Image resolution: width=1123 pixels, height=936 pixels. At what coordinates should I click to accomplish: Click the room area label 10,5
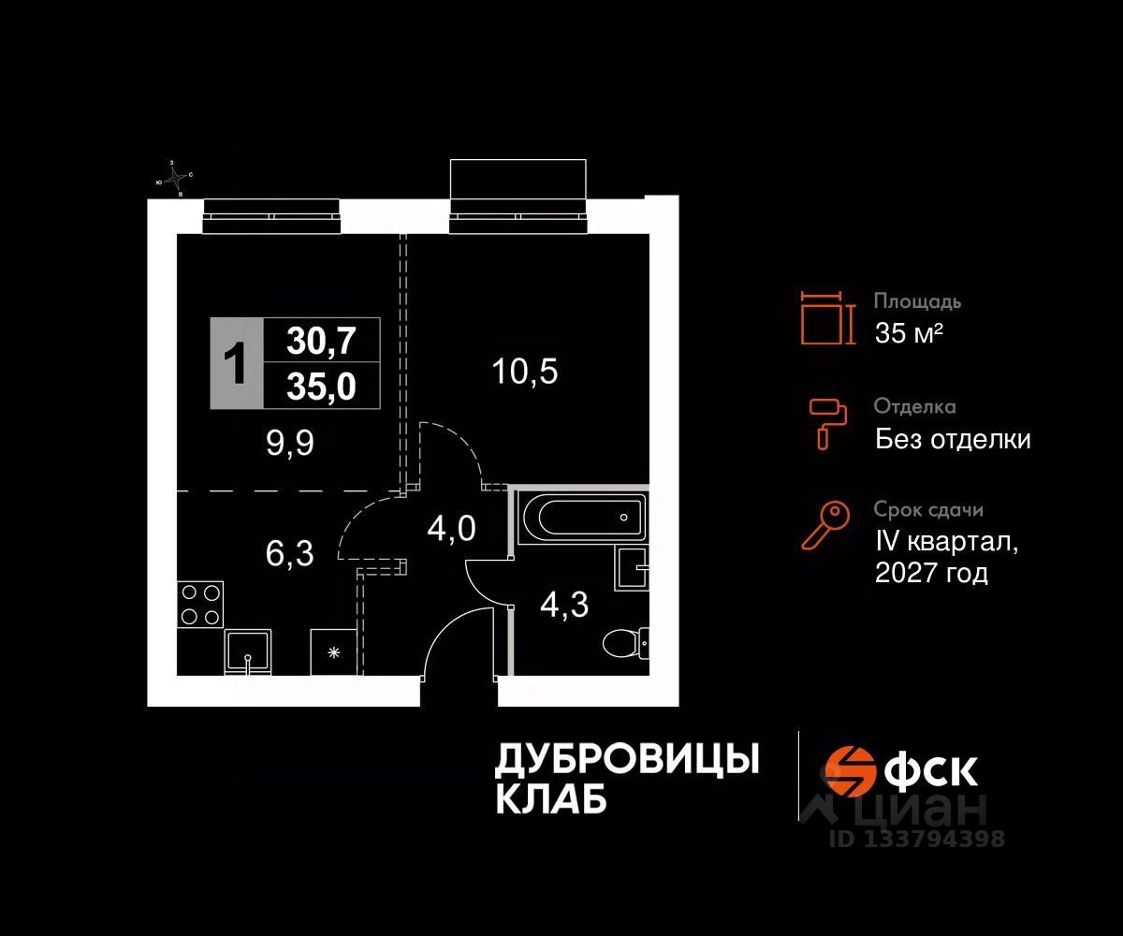[x=524, y=373]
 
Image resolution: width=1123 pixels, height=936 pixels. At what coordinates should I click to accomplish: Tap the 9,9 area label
[x=289, y=443]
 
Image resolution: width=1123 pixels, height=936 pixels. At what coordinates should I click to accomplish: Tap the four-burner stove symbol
[x=199, y=604]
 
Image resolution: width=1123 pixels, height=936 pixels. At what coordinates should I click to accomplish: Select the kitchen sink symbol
[x=248, y=651]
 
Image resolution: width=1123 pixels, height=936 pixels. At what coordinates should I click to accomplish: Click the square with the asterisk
[x=334, y=651]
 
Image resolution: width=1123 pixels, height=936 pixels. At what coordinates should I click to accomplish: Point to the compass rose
[x=174, y=178]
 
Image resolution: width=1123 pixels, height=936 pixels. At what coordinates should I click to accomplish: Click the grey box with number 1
[x=237, y=363]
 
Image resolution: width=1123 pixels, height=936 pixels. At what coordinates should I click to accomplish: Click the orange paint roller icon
[x=828, y=422]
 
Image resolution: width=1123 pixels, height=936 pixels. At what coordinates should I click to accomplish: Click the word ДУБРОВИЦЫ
[x=626, y=759]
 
